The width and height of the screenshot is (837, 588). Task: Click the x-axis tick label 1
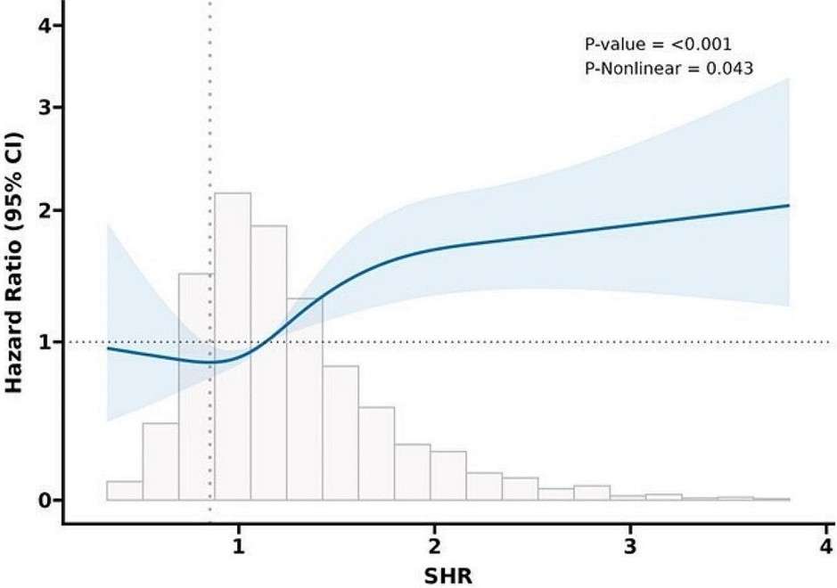238,545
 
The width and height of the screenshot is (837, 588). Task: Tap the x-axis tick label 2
434,545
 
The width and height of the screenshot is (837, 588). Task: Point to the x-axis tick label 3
630,545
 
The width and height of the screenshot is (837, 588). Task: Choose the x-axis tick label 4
825,545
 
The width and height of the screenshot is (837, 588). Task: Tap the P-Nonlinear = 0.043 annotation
665,66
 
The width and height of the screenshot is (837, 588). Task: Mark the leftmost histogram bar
125,490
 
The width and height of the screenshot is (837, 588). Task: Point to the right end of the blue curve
789,205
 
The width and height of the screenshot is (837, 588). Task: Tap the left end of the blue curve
108,348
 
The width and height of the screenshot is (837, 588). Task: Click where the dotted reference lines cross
210,342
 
